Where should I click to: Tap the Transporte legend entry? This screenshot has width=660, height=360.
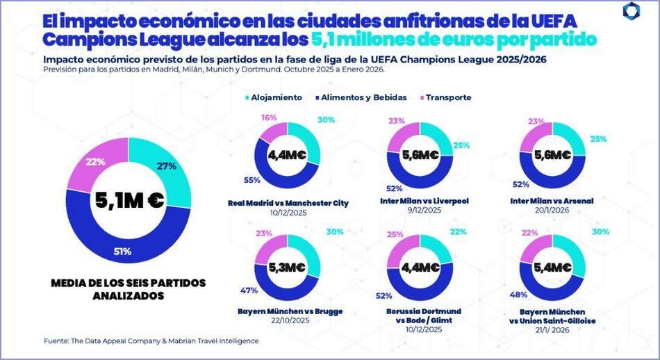(x=446, y=97)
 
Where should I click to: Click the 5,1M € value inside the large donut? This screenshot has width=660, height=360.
(x=129, y=200)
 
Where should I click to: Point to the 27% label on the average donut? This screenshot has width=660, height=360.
(x=166, y=166)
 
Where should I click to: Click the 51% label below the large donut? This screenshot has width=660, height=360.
(x=122, y=251)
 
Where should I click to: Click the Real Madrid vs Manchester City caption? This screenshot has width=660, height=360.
(x=288, y=203)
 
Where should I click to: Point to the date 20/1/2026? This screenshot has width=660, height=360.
(x=554, y=211)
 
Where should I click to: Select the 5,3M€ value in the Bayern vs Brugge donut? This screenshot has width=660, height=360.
(x=286, y=268)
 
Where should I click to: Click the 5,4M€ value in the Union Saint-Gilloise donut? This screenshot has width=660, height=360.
(x=553, y=268)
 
